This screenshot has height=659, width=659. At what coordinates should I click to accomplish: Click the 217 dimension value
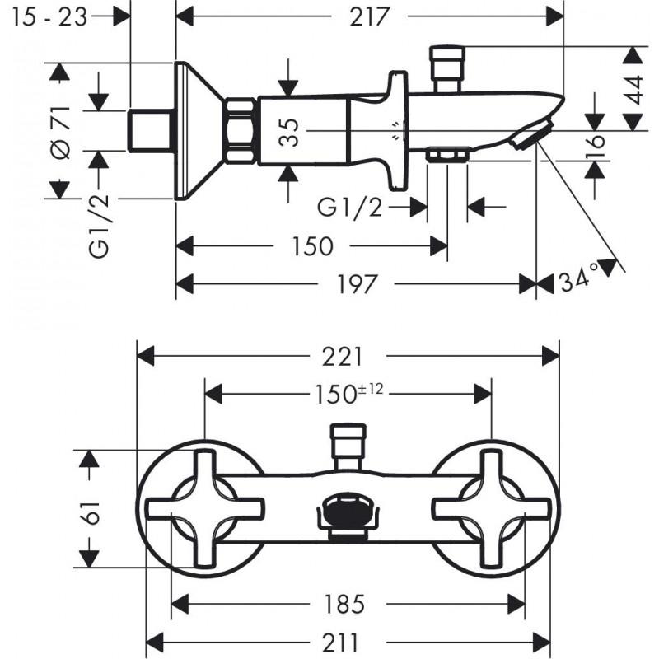(368, 16)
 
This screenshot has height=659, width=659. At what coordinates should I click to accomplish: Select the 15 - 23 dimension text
(49, 17)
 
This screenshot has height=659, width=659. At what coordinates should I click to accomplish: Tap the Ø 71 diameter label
(60, 133)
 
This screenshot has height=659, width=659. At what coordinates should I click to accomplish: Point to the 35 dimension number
(289, 132)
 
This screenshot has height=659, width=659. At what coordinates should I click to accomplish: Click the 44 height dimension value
(633, 90)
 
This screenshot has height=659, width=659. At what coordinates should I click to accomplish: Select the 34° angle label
(578, 278)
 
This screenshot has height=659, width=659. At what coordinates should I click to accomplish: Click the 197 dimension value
(357, 284)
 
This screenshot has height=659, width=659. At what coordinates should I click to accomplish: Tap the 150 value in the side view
(312, 245)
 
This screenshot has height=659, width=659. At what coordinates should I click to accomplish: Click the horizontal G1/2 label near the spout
(350, 208)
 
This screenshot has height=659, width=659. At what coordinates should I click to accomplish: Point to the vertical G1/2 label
(99, 226)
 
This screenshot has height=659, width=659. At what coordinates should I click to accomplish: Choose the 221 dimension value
(342, 357)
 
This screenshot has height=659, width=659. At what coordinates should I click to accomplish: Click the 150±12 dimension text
(349, 394)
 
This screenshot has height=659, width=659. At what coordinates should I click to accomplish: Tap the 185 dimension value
(344, 605)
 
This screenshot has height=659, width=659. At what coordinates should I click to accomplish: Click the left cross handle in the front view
(204, 507)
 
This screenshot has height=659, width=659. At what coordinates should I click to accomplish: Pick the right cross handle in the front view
(492, 507)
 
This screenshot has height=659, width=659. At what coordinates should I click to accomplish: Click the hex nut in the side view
(241, 131)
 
